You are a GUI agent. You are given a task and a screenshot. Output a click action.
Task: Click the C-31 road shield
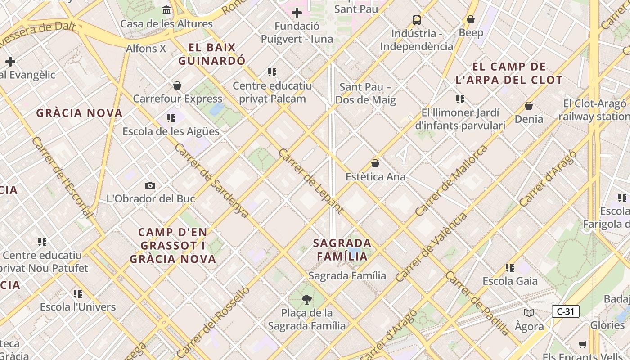pos(565,311)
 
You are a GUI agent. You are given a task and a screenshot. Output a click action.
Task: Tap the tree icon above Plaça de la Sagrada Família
pos(307,299)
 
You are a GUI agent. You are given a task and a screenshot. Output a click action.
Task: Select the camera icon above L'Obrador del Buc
pos(150,185)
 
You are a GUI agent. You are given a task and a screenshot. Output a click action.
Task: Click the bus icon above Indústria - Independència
pos(417,20)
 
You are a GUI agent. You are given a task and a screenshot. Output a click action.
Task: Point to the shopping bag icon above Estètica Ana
pos(375,163)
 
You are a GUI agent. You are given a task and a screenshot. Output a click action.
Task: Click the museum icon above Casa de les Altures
pos(166,10)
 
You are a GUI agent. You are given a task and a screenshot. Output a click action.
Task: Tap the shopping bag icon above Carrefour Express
pos(177,85)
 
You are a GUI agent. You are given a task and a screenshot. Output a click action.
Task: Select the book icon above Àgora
pos(529,313)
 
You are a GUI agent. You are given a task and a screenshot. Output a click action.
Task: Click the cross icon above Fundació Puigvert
pos(297,13)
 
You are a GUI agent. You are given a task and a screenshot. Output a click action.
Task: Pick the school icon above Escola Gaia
pos(510,268)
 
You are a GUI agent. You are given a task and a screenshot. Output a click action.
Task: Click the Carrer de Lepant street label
pos(310,181)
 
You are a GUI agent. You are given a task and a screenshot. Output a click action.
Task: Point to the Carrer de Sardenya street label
pos(211,181)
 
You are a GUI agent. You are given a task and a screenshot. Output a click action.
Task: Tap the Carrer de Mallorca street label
pos(451,180)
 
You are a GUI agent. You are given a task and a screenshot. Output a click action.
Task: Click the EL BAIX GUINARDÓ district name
pos(212,54)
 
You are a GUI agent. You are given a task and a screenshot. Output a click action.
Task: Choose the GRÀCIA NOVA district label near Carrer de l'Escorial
pos(79,113)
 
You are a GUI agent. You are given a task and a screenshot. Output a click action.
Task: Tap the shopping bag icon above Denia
pos(529,106)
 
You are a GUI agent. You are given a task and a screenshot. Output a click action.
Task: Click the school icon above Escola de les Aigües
pos(171,118)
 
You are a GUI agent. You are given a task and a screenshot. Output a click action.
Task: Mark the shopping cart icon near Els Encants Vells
pos(583,344)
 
